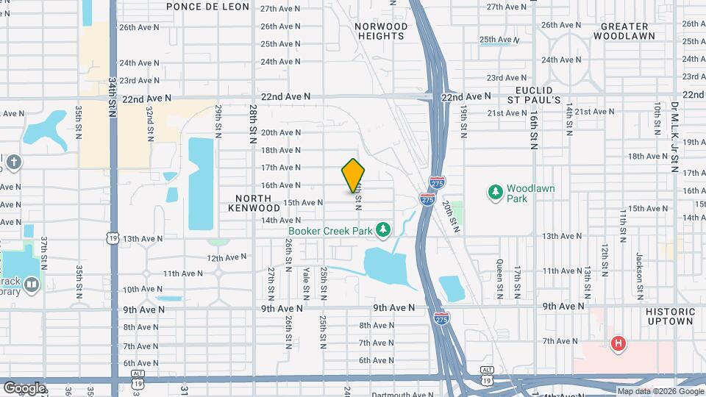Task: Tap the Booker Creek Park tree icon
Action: pyautogui.click(x=382, y=231)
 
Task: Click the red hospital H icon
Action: pyautogui.click(x=618, y=343)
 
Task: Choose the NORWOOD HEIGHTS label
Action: pyautogui.click(x=381, y=32)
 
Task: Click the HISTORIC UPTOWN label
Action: pyautogui.click(x=670, y=316)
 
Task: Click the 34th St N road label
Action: pyautogui.click(x=113, y=96)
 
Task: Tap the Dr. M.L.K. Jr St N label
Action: pyautogui.click(x=674, y=137)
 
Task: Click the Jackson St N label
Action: pyautogui.click(x=638, y=273)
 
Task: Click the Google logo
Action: pyautogui.click(x=24, y=388)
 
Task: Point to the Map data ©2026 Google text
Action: pyautogui.click(x=660, y=392)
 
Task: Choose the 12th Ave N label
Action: pyautogui.click(x=226, y=258)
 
